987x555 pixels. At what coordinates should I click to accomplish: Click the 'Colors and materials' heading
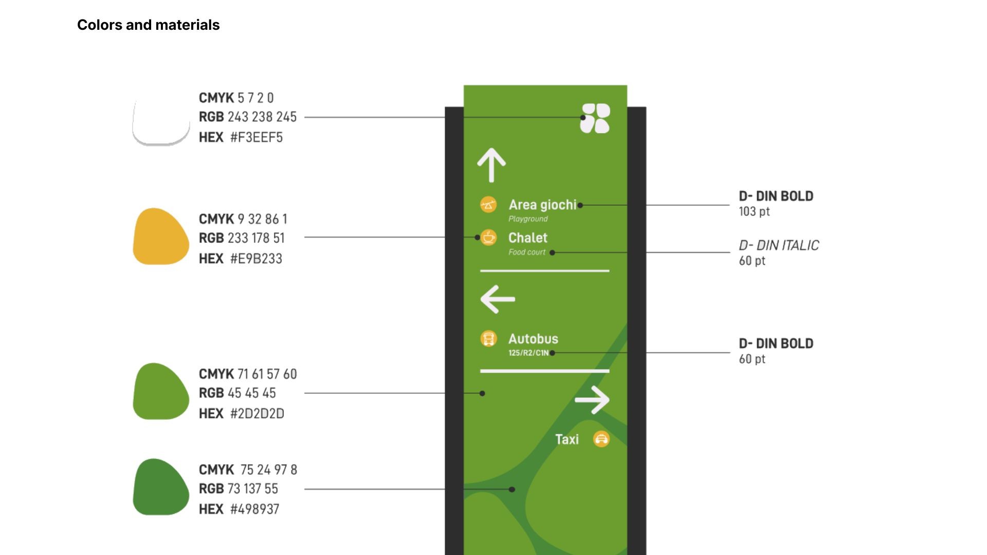[x=148, y=25]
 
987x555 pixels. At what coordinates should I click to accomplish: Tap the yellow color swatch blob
[x=160, y=237]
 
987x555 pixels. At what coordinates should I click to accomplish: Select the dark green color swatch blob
[x=160, y=487]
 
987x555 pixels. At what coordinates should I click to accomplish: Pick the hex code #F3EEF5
[x=256, y=137]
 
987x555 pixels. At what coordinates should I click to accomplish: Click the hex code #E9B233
[x=256, y=258]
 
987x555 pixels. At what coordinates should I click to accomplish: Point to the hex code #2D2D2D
[x=257, y=414]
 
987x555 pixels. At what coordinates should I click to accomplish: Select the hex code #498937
[x=254, y=509]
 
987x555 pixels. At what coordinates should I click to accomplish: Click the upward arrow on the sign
[x=491, y=165]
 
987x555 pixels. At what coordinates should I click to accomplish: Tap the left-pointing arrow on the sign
[x=497, y=299]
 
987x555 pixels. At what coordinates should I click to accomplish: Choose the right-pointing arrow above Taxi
[x=592, y=400]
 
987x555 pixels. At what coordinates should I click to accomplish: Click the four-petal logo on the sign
[x=595, y=118]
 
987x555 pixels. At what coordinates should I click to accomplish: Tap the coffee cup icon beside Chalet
[x=488, y=237]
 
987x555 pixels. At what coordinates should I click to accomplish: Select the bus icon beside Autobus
[x=488, y=339]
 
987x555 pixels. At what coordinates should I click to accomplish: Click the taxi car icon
[x=601, y=439]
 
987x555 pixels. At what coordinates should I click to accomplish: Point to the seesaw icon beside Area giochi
[x=488, y=205]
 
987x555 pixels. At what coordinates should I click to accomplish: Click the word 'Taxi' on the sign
[x=567, y=439]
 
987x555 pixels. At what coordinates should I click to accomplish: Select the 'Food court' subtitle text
[x=527, y=252]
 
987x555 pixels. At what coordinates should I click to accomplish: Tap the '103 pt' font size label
[x=754, y=211]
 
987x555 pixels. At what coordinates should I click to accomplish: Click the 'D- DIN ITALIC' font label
[x=779, y=246]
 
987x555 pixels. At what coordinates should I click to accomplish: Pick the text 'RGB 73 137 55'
[x=239, y=489]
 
